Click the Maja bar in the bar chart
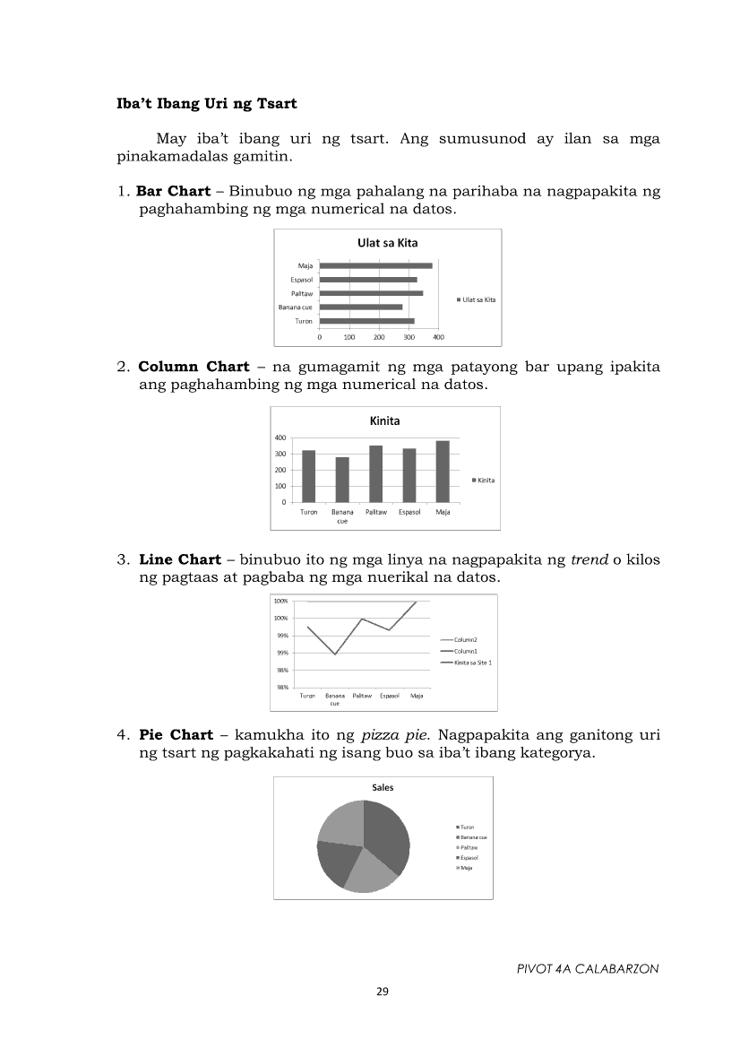pos(375,265)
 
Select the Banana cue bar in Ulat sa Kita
pos(360,307)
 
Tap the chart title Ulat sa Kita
pos(387,243)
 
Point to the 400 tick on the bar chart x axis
pos(439,337)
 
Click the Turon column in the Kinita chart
pos(309,476)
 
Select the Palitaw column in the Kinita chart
pos(376,473)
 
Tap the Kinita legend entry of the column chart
pos(484,480)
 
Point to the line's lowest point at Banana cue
pos(335,654)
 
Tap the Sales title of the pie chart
pos(383,787)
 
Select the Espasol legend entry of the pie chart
pos(468,858)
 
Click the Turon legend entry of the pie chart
pos(466,827)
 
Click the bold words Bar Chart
pos(173,192)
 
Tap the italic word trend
pos(589,560)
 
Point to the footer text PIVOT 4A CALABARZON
pos(588,969)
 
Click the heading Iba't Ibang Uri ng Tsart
pos(207,104)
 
